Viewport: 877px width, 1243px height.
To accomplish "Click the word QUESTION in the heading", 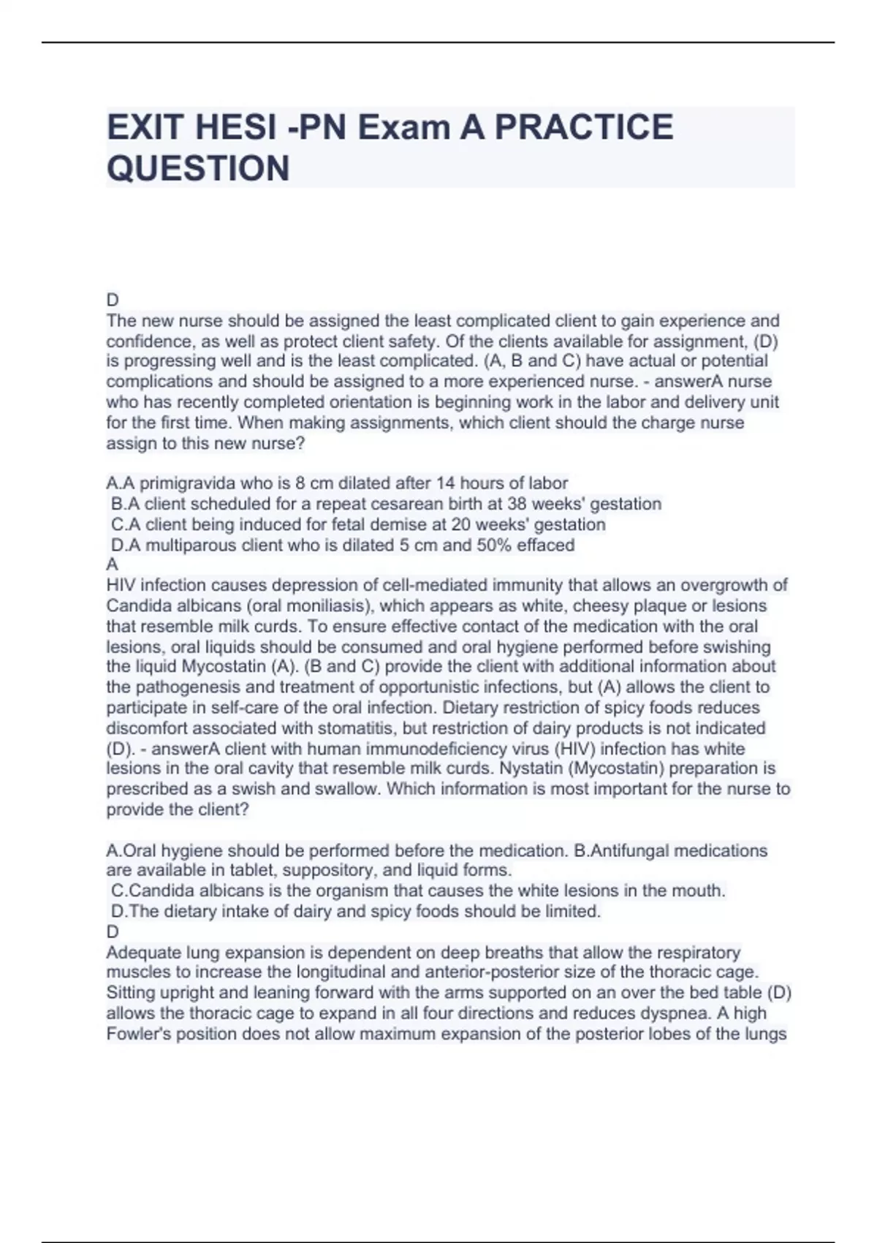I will (x=198, y=169).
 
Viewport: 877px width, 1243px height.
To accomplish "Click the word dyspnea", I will (x=696, y=1013).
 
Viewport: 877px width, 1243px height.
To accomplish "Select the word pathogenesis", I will (x=179, y=687).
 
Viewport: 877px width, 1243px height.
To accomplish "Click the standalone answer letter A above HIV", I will (x=112, y=564).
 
